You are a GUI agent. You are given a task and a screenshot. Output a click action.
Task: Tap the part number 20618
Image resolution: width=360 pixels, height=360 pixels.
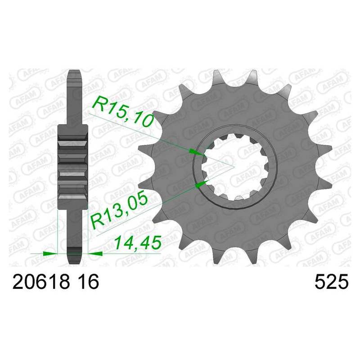pos(41,282)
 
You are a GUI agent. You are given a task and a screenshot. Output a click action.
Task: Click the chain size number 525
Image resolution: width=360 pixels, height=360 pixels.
pos(332,282)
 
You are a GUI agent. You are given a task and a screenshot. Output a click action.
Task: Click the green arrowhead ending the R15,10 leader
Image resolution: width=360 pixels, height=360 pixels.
pos(196,152)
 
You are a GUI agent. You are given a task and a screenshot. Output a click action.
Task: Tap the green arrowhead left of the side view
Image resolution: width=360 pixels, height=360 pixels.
pos(50,253)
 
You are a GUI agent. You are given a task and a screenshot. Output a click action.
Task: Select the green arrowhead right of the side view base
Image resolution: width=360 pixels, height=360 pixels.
pos(95,253)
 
